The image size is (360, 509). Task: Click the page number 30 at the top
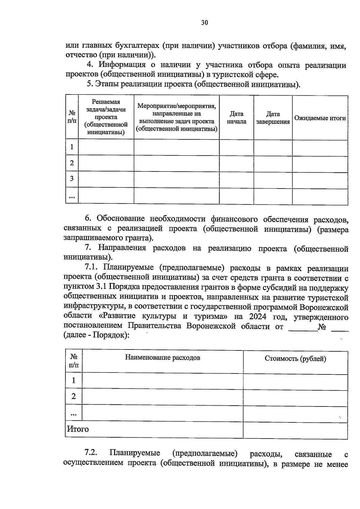pos(204,23)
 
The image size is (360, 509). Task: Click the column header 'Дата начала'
pos(236,118)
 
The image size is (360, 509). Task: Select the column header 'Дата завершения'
pos(273,118)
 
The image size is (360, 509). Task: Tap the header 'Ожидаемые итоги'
pos(320,118)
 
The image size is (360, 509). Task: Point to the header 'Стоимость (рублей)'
pos(295,359)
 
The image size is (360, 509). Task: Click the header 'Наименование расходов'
pos(163,357)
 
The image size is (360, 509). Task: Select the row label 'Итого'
pos(78,429)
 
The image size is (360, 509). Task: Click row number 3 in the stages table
pos(72,179)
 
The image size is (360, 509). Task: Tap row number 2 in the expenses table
pos(73,396)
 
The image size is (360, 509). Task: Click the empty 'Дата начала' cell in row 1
pos(236,147)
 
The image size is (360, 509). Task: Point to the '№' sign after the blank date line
pos(322,326)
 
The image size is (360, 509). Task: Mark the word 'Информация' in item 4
pos(122,65)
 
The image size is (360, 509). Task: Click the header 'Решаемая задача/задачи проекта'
pos(106,117)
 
